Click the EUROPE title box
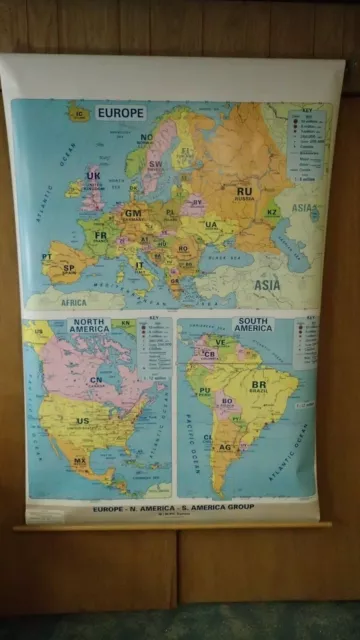(x=121, y=113)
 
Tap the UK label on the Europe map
(x=93, y=176)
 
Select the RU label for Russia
(x=245, y=190)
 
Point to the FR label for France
(x=100, y=236)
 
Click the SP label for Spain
(x=69, y=268)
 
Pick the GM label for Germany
(x=133, y=213)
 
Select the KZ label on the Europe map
(x=300, y=212)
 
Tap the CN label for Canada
(x=96, y=380)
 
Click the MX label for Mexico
(x=79, y=462)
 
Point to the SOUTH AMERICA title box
(x=253, y=325)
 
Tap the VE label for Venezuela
(x=221, y=341)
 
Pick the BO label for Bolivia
(x=226, y=401)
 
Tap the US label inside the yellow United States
(x=82, y=421)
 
